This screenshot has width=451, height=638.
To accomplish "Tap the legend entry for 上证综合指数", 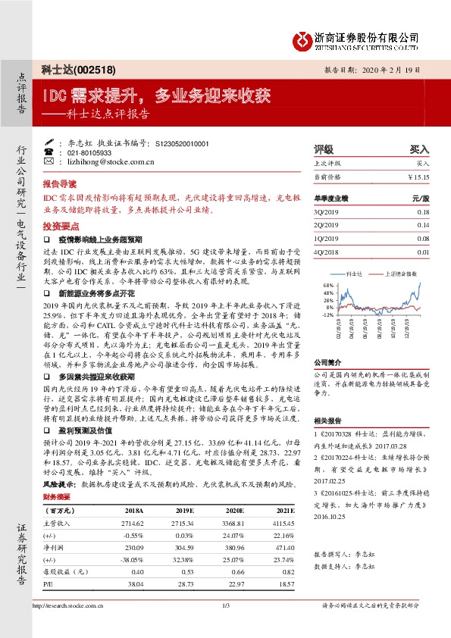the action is pyautogui.click(x=402, y=271).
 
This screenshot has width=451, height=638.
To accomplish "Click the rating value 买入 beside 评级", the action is pyautogui.click(x=419, y=149).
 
